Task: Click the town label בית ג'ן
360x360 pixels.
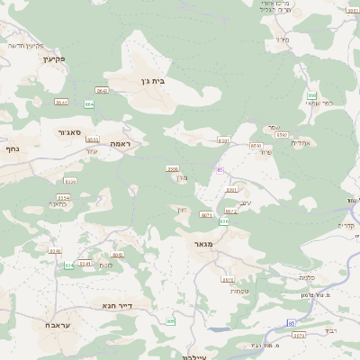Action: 154,81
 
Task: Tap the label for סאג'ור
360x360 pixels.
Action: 69,132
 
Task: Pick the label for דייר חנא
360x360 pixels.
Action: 118,306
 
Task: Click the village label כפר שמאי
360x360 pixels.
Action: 319,103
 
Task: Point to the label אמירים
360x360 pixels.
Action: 301,142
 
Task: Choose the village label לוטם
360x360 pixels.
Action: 106,265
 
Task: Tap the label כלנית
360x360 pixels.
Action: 308,277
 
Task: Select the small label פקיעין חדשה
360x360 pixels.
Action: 26,45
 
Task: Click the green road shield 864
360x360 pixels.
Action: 89,104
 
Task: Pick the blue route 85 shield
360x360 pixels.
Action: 220,169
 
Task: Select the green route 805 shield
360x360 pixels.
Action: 170,321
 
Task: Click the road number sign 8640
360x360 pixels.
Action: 256,146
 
